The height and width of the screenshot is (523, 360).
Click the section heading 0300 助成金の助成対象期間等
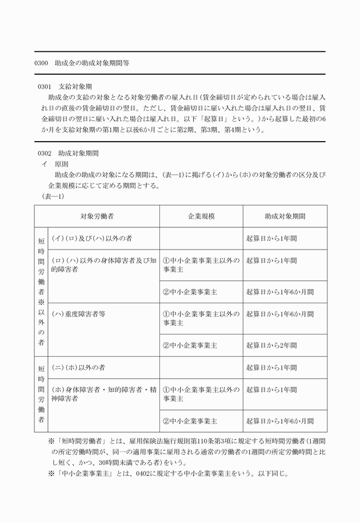[x=82, y=63]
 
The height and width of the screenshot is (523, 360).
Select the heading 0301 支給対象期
[x=62, y=87]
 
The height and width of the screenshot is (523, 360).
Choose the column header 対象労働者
[x=97, y=217]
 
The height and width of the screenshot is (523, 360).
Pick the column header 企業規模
[x=201, y=217]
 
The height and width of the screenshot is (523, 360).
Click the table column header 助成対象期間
[x=285, y=217]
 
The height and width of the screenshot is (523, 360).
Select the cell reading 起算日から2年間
[x=271, y=345]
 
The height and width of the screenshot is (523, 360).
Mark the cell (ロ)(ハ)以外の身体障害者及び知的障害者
[x=103, y=265]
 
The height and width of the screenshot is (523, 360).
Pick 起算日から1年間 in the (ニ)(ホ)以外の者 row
[x=271, y=367]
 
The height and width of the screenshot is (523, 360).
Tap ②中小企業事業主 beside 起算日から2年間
[x=190, y=345]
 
